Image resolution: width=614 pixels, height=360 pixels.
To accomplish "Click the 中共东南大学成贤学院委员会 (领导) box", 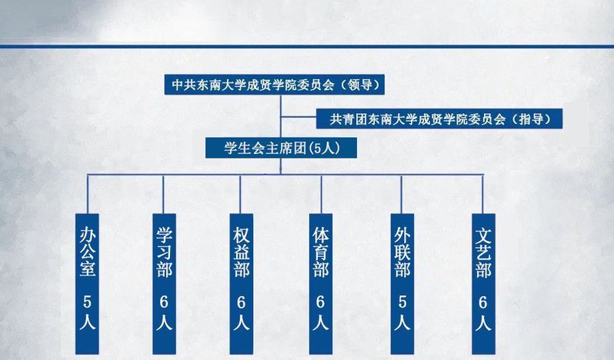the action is point(274,85).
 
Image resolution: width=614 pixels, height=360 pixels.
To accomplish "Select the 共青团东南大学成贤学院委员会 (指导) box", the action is point(439,118).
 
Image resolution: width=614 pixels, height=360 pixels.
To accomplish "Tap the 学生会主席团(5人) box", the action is point(281,148).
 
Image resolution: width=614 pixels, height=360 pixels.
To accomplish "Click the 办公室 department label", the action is point(87,252).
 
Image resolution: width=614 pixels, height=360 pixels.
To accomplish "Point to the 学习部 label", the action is point(164,252).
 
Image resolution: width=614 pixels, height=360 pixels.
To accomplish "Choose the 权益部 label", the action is point(242,252).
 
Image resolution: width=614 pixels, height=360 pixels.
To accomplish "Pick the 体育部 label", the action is point(321,252).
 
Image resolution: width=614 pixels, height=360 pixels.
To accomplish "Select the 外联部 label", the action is point(402,252).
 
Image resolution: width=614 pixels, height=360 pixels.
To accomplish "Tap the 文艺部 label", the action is point(483,252).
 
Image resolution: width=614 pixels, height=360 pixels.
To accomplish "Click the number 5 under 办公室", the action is point(87,302).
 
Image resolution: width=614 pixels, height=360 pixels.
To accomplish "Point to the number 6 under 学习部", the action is point(164,302).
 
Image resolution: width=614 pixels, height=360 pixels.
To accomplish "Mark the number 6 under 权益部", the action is point(242,302).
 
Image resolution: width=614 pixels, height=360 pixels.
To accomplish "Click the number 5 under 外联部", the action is point(402,302).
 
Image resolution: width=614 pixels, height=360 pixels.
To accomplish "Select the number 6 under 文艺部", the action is point(483,302).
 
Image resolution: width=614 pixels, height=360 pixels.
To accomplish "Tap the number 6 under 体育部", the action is point(321,302).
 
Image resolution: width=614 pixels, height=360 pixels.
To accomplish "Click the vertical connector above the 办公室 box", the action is point(88,194).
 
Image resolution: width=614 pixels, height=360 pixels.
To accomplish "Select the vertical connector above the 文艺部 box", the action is point(482,194).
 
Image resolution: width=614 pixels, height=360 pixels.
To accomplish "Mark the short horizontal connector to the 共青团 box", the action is point(299,117).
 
